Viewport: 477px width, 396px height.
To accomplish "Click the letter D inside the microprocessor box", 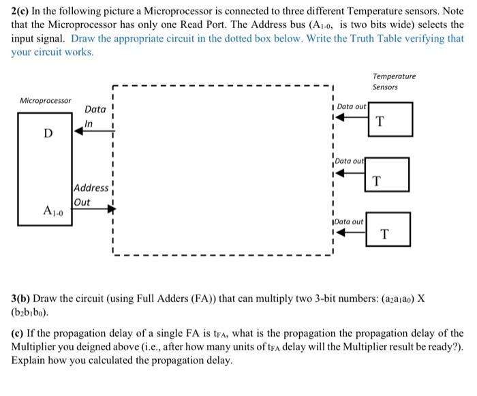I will coord(48,133).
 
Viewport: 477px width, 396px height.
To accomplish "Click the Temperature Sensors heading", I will coord(394,82).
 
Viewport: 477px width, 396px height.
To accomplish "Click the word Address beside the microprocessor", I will coord(91,188).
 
